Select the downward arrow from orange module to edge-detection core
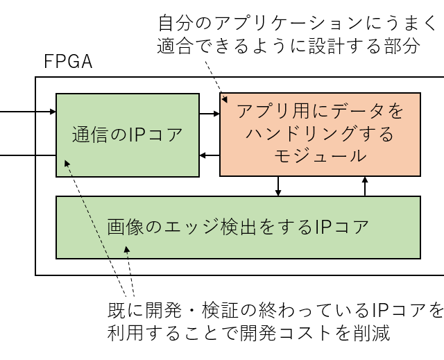tap(278, 186)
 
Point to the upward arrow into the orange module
tap(365, 186)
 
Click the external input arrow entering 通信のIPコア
tap(28, 110)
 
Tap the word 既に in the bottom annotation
tap(126, 309)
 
